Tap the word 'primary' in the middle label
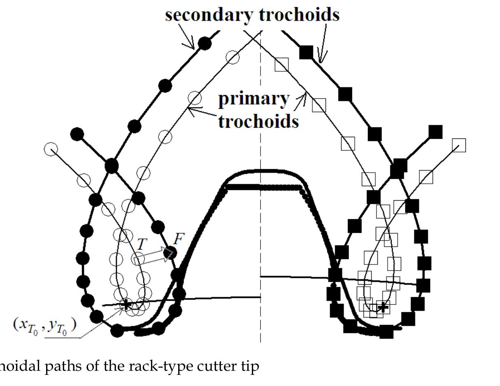coord(253,99)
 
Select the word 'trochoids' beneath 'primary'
coord(258,121)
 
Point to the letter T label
coord(141,244)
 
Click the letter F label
coord(179,239)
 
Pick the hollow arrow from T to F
coord(153,257)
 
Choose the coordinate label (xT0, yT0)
coord(44,325)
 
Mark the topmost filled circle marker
coord(205,43)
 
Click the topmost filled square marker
coord(306,52)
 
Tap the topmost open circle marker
coord(233,58)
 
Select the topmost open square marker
coord(281,64)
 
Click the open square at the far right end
coord(458,145)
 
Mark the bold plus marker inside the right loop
coord(383,306)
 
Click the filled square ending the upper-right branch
coord(435,132)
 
